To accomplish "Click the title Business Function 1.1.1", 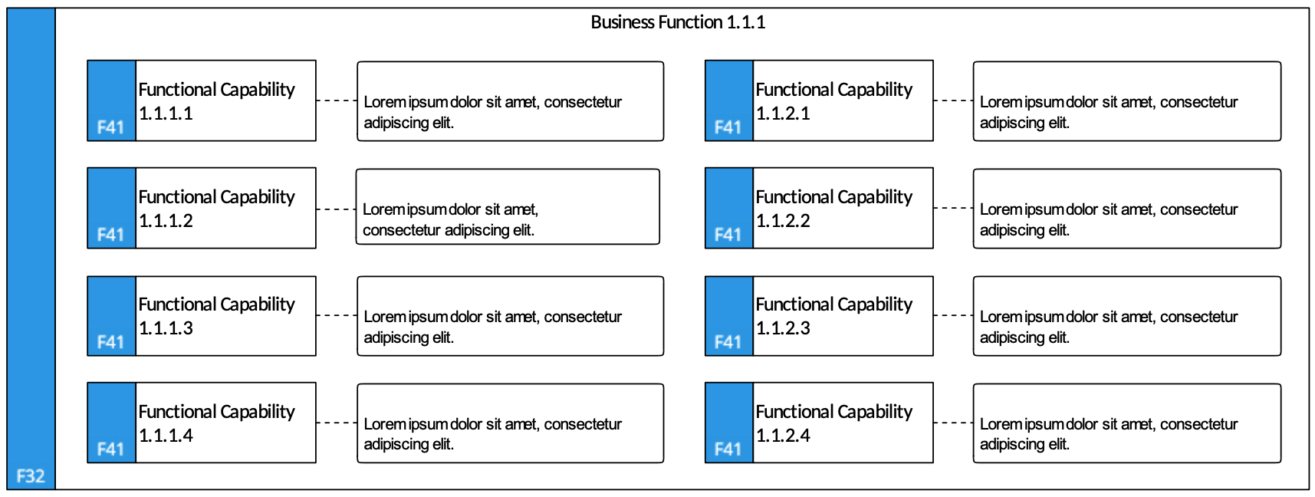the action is click(x=678, y=22).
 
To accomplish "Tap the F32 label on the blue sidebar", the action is click(x=31, y=476).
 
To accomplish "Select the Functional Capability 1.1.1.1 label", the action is click(x=216, y=101).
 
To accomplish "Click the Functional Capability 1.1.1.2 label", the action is click(x=216, y=209).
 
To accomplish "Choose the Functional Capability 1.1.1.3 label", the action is click(x=216, y=316).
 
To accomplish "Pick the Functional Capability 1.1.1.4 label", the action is click(x=216, y=423).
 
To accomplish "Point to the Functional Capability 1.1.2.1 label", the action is click(x=834, y=101).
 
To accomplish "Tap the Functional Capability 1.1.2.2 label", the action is click(x=834, y=209).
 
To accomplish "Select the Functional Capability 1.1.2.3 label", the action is click(x=834, y=316).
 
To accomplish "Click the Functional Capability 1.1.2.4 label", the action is click(x=834, y=423).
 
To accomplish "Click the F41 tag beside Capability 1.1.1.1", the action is click(x=110, y=127).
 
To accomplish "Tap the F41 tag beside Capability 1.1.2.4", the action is click(x=728, y=449).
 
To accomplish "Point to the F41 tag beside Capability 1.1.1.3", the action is click(x=110, y=342).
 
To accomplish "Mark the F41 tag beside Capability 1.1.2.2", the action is click(x=728, y=235).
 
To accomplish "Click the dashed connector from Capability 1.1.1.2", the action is click(x=336, y=209).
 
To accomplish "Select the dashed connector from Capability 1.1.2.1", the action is click(x=953, y=100).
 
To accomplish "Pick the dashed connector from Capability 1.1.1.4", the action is click(x=337, y=423).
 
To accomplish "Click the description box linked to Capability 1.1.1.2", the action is click(x=508, y=207).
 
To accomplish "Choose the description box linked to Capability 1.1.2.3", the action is click(x=1127, y=316).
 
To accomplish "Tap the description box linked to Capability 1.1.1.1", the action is click(x=511, y=101).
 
